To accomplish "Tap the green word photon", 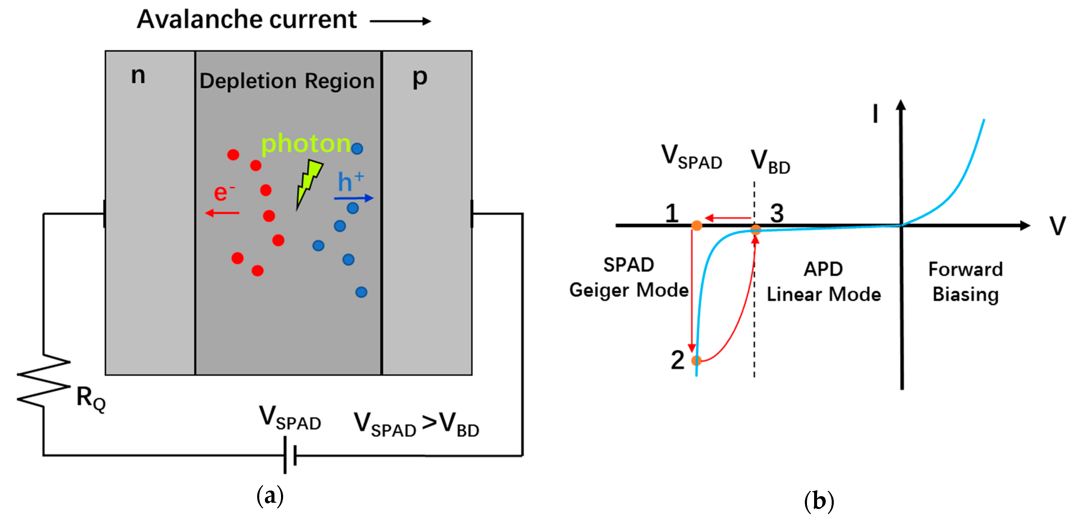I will (305, 144).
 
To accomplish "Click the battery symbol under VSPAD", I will (290, 455).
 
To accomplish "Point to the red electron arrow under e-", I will (222, 213).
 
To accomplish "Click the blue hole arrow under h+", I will (353, 198).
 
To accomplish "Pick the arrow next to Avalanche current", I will (400, 21).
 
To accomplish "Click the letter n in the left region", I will (138, 76).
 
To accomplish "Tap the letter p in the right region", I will (419, 78).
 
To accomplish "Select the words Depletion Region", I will (287, 81).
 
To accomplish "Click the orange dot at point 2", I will (696, 360).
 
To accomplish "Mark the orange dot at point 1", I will (696, 226).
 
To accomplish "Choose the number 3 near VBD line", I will (777, 213).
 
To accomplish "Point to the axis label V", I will (1057, 226).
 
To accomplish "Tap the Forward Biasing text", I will (965, 281).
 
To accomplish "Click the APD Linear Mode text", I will (823, 281).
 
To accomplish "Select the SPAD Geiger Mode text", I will (628, 277).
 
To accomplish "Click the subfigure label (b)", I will (819, 501).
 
